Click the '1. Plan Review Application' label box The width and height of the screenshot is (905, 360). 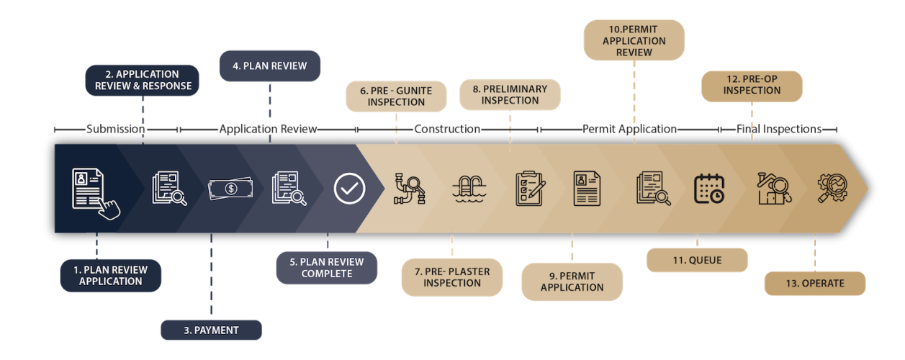pos(111,276)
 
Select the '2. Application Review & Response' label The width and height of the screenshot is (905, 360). pos(143,80)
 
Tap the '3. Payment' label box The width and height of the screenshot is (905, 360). pos(210,330)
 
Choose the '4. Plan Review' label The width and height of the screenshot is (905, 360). pos(270,66)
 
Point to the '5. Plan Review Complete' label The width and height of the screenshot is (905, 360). pos(327,268)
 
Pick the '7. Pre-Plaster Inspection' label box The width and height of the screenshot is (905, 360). pos(452,277)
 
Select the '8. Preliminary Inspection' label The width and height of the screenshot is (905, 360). pos(510,94)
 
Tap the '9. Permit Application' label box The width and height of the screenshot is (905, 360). pos(572,282)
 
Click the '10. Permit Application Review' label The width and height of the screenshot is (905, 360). pos(634,40)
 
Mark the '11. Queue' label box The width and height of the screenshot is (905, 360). pos(697,261)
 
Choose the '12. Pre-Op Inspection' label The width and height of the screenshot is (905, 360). pos(752,85)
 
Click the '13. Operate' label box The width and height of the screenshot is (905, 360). pos(815,283)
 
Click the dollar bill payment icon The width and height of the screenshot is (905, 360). pos(230,189)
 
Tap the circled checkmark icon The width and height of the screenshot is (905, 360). pos(350,189)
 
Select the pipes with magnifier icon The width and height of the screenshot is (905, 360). pos(410,189)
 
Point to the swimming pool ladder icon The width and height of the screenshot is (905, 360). pos(469,189)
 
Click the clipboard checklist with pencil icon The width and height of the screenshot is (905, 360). pos(531,189)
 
